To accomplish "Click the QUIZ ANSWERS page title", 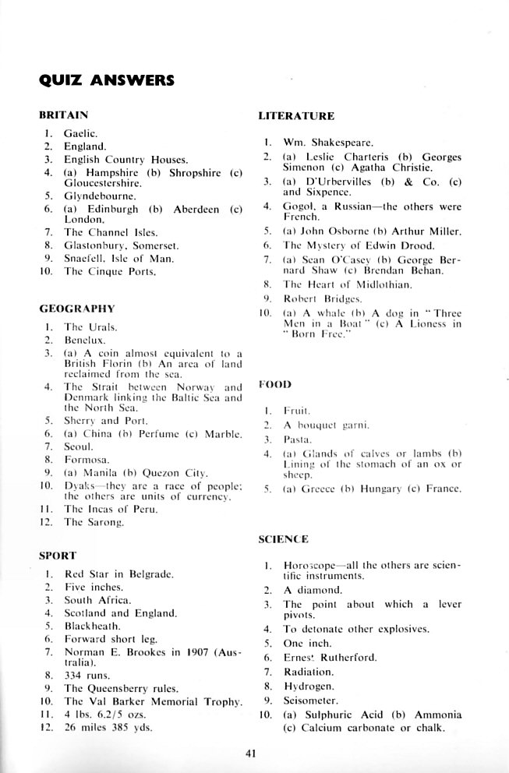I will (106, 80).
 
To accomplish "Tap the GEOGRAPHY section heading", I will (76, 308).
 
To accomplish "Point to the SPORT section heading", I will (57, 556).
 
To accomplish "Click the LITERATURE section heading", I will (296, 116).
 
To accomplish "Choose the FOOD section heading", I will (275, 384).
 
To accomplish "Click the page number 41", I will (250, 753).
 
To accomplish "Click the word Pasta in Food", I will (295, 439).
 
